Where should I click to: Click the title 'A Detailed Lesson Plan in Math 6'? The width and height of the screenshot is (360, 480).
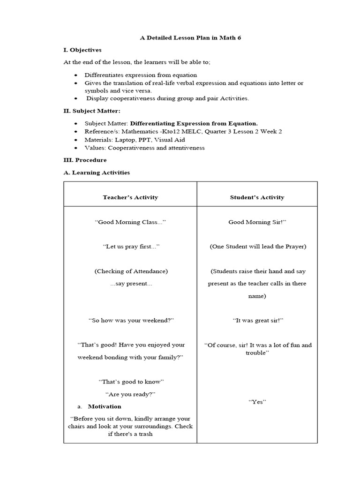(x=190, y=37)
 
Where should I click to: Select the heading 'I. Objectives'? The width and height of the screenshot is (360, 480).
(x=82, y=50)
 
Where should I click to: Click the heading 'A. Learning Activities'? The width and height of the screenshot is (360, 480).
(x=97, y=172)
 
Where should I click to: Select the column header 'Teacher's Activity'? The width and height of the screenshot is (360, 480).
(x=130, y=197)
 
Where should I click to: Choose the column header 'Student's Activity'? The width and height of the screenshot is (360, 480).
(x=257, y=197)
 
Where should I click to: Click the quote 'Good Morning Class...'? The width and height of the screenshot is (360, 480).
(x=130, y=222)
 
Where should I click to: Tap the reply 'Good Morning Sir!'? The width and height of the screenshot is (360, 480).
(x=257, y=222)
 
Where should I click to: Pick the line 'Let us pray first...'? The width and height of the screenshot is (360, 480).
(x=131, y=246)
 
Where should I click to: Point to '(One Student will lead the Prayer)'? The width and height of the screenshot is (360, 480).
(x=257, y=247)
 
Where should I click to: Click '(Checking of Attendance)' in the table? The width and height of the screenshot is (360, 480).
(x=131, y=271)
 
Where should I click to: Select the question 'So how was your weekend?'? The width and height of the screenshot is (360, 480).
(x=131, y=320)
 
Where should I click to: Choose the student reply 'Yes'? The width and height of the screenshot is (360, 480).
(x=257, y=402)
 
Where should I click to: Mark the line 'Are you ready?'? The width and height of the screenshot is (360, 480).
(x=130, y=394)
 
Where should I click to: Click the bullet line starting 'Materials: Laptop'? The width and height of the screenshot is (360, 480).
(x=135, y=140)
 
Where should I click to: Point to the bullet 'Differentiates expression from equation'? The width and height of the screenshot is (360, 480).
(x=141, y=75)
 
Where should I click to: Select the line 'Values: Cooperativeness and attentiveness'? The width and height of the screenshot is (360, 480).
(x=144, y=148)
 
